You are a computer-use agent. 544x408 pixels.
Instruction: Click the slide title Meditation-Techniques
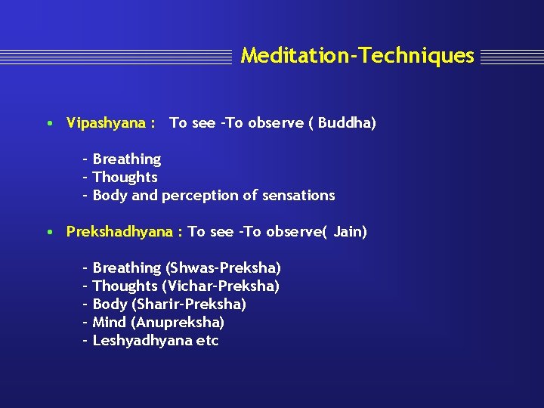[357, 56]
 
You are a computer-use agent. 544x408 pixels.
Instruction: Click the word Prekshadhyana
[119, 232]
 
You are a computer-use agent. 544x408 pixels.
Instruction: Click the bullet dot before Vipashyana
[48, 123]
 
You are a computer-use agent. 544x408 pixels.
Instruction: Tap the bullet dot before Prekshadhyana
[48, 232]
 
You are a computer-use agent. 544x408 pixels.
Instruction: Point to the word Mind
[110, 323]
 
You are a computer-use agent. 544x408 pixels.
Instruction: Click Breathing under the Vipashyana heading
[126, 159]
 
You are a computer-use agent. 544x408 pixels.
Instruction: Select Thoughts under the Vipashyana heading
[125, 178]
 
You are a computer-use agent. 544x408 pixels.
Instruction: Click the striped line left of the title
[117, 57]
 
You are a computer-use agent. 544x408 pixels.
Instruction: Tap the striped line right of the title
[511, 57]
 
